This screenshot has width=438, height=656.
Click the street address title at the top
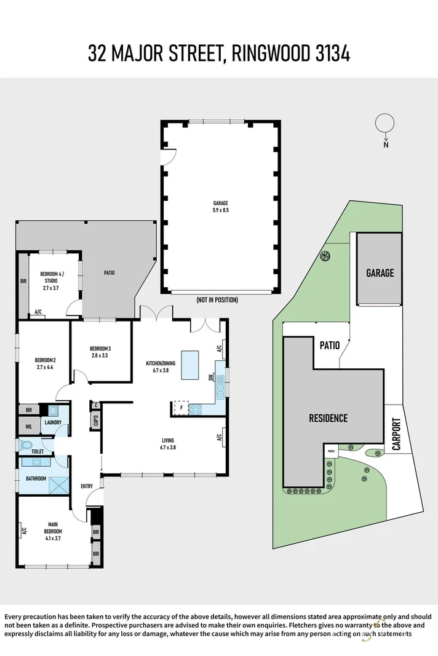tap(218, 53)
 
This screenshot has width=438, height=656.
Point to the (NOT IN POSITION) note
tap(217, 300)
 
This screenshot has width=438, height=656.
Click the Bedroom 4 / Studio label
tap(52, 280)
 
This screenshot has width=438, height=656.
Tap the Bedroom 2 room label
tap(46, 363)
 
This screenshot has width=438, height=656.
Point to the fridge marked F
tap(181, 407)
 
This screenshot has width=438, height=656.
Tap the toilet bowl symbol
tap(25, 445)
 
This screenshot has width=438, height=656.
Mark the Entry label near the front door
tap(87, 486)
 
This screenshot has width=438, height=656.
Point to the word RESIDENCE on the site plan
tap(328, 418)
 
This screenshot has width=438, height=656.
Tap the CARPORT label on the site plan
tap(396, 434)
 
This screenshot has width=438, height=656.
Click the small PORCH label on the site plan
tap(332, 450)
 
